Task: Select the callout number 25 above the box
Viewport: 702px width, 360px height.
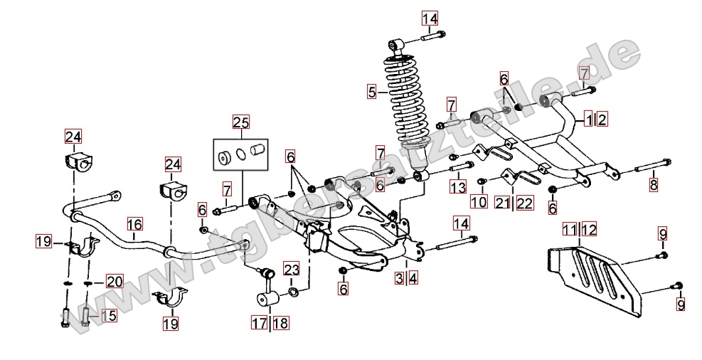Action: tap(241, 122)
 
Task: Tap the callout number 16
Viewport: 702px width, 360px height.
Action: tap(134, 225)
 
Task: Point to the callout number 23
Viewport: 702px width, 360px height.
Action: tap(292, 270)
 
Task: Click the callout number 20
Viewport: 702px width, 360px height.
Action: tap(115, 282)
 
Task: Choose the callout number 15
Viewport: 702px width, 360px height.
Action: tap(107, 315)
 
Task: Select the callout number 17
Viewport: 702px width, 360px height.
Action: tap(257, 322)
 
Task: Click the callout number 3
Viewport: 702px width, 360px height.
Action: tap(400, 278)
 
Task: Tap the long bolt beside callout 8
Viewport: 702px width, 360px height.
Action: tap(647, 169)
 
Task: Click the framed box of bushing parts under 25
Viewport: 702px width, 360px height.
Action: tap(242, 154)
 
